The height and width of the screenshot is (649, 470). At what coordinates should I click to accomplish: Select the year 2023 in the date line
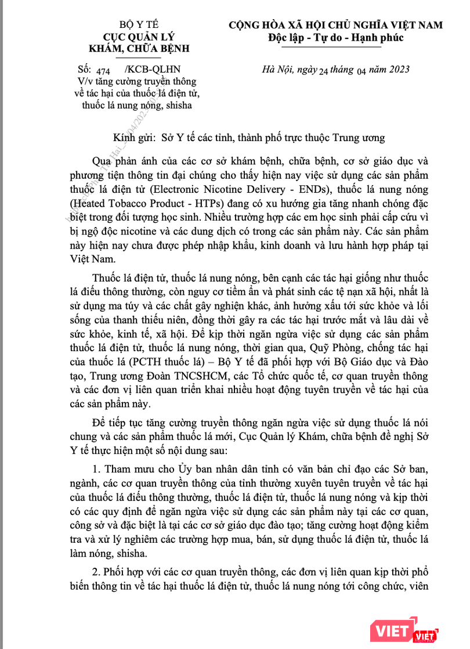[397, 70]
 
